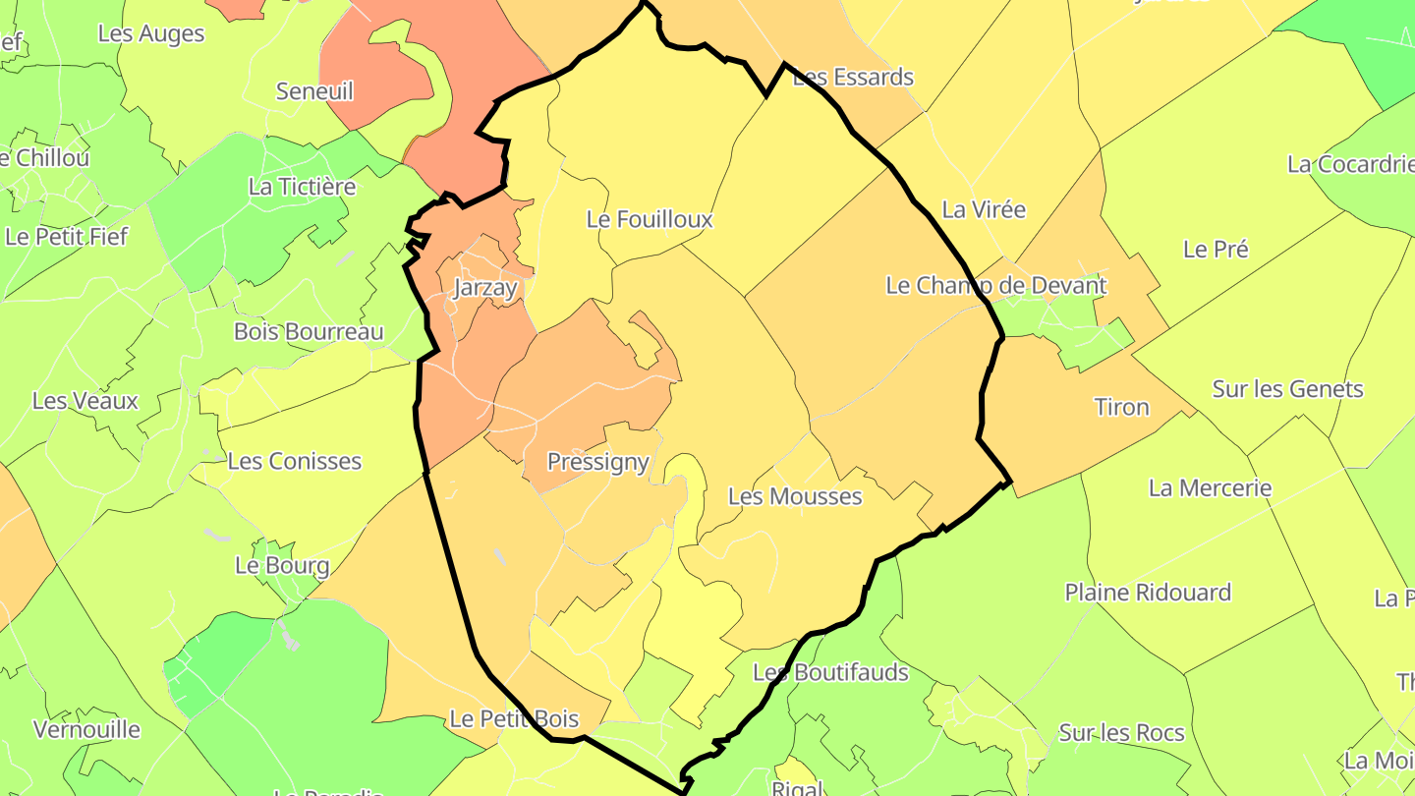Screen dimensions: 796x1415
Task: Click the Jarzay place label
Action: (485, 288)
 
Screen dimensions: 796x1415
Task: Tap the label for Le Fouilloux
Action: (650, 219)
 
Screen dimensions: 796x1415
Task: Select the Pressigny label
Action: (597, 462)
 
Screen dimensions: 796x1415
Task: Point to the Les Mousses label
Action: (795, 496)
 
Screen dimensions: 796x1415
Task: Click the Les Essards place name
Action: (853, 77)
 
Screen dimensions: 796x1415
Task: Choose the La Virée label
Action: (984, 209)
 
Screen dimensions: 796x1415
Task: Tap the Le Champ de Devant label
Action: (996, 285)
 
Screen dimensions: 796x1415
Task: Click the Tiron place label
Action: (1121, 407)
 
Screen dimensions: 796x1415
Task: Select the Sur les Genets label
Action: (1287, 389)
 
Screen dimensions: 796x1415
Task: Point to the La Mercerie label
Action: (1210, 487)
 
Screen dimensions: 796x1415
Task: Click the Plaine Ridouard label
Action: (1148, 593)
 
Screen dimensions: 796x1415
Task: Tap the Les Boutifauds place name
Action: (830, 673)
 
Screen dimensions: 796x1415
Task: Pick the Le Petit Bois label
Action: (514, 719)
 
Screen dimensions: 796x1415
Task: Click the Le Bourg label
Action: (282, 566)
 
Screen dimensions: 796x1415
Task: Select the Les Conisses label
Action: (294, 461)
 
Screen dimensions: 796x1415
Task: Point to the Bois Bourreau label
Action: (309, 331)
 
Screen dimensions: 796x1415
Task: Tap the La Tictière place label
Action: (302, 186)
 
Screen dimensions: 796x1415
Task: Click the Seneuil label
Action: (314, 91)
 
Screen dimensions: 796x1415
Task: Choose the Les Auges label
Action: (151, 33)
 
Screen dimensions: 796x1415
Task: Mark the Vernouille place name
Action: (86, 730)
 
